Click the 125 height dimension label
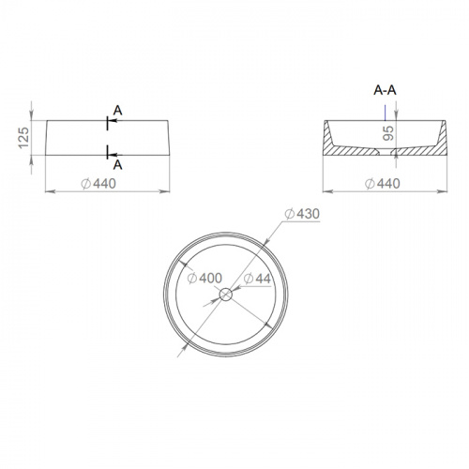click(24, 138)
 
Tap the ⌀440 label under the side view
click(98, 184)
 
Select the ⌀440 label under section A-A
click(383, 184)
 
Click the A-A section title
click(385, 90)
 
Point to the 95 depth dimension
click(388, 133)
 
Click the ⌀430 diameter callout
click(302, 214)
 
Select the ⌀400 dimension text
click(204, 278)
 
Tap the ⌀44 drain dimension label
click(257, 279)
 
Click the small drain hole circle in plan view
click(226, 295)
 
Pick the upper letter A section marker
click(117, 111)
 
